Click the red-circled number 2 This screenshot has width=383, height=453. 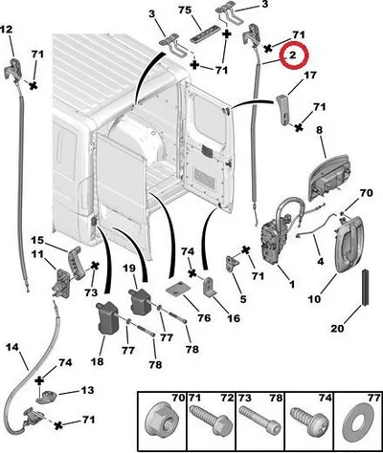click(x=293, y=55)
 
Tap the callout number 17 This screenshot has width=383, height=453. click(x=309, y=75)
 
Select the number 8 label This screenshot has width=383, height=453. click(x=319, y=130)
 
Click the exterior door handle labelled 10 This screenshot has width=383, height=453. click(x=349, y=244)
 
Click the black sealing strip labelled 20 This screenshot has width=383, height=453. click(x=365, y=288)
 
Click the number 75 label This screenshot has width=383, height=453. click(x=185, y=11)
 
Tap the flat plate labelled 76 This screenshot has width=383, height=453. click(x=178, y=289)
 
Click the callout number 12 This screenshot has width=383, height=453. click(x=6, y=30)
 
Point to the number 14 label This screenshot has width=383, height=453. click(x=12, y=347)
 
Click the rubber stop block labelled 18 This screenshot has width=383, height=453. click(x=108, y=317)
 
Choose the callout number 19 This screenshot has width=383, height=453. click(x=129, y=269)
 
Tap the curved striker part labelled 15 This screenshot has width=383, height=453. click(x=77, y=263)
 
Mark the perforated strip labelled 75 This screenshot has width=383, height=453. click(x=206, y=34)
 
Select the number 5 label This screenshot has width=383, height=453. click(x=243, y=299)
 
